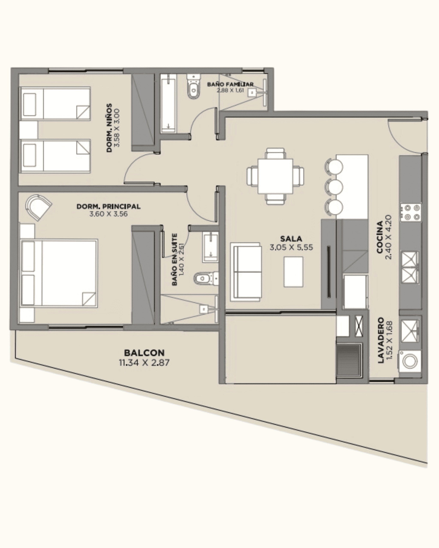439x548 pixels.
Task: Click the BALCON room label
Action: [x=144, y=353]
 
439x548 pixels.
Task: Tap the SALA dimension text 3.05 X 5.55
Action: [x=291, y=247]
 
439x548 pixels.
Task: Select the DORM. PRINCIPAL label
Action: [x=109, y=206]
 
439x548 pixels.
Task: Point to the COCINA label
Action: [x=380, y=237]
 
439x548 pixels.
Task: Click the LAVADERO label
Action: [x=380, y=340]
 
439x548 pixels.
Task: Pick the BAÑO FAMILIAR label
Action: [x=230, y=84]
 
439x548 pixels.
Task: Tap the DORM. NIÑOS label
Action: [x=109, y=128]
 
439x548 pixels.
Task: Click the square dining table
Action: [x=275, y=176]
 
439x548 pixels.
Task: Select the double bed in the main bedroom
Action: [x=59, y=273]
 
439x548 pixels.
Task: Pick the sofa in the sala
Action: [x=246, y=272]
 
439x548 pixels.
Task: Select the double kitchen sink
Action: [x=410, y=267]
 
